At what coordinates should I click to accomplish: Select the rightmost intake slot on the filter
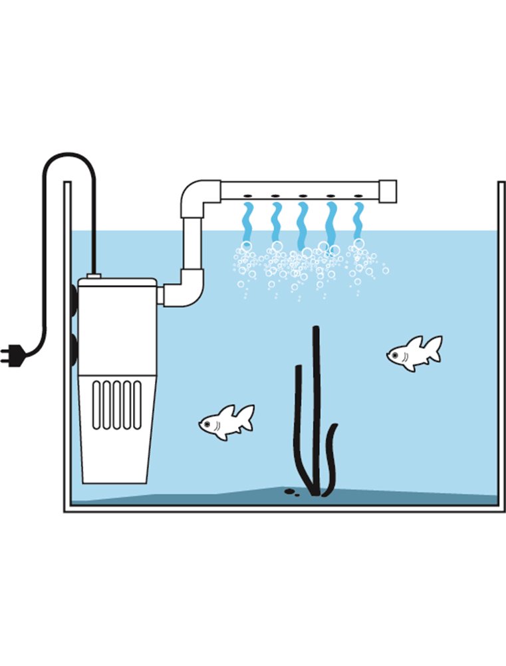(x=137, y=404)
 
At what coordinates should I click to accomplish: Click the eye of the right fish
(x=397, y=355)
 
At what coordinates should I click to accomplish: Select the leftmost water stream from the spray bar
(x=248, y=222)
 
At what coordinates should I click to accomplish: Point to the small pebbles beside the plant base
(x=291, y=492)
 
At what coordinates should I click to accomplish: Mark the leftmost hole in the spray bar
(x=247, y=196)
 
